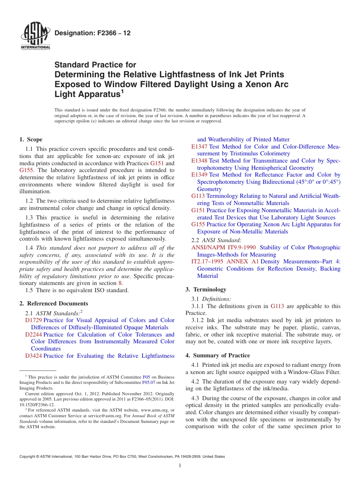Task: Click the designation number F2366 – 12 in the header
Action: click(x=92, y=33)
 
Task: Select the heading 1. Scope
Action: click(x=31, y=139)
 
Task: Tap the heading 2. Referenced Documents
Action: click(x=53, y=304)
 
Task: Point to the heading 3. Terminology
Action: click(x=206, y=290)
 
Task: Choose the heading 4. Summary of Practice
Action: click(x=218, y=355)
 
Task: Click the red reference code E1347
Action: click(x=199, y=147)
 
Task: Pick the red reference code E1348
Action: click(x=199, y=161)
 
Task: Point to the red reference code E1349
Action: click(x=199, y=175)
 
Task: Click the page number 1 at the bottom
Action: click(x=180, y=466)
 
